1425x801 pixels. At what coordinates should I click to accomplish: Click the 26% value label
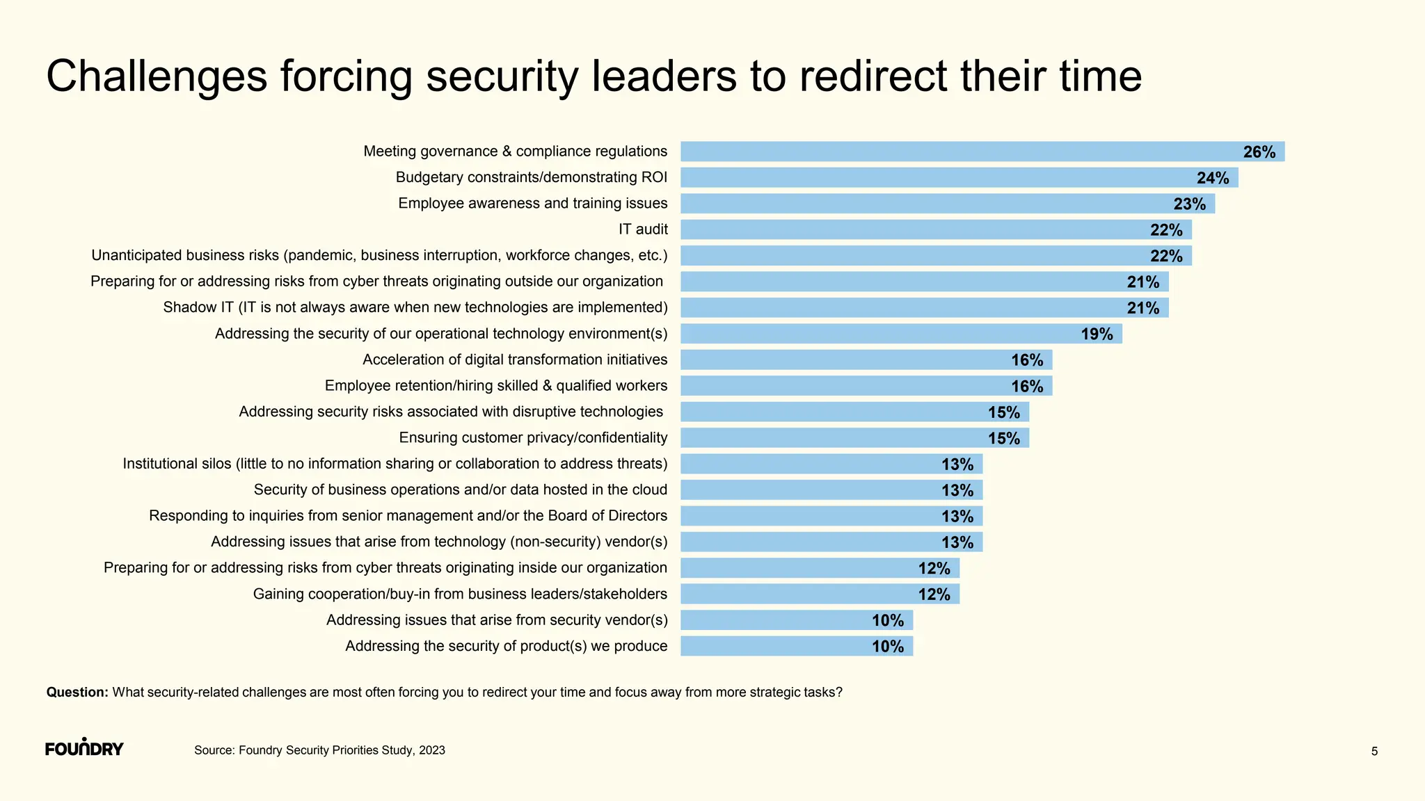click(1259, 152)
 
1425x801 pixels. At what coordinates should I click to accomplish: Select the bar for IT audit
click(936, 229)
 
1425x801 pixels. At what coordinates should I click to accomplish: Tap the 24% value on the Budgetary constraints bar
click(1212, 178)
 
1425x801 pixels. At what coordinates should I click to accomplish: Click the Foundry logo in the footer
click(84, 748)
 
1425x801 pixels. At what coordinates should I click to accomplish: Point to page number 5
click(1374, 751)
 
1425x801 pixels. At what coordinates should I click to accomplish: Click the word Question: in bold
click(77, 693)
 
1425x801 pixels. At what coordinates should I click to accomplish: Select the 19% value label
click(1097, 334)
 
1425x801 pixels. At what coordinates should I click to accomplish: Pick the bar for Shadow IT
click(924, 308)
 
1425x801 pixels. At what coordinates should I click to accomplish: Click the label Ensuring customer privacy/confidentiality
click(533, 438)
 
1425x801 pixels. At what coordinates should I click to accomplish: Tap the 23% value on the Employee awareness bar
click(1189, 204)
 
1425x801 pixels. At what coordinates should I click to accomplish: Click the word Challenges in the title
click(157, 76)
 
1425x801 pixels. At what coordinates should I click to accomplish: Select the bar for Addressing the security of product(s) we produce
click(796, 647)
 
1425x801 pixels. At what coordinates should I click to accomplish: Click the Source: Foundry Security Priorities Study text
click(319, 750)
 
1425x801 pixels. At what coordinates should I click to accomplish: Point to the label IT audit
click(643, 229)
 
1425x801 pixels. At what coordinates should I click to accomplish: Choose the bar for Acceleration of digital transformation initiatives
click(866, 360)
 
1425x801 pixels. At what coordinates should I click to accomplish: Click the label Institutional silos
click(395, 464)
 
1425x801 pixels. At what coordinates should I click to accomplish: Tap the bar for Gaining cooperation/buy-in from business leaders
click(820, 594)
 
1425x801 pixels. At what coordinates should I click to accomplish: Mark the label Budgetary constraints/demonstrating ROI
click(532, 177)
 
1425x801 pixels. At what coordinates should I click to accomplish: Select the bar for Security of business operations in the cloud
click(831, 490)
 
